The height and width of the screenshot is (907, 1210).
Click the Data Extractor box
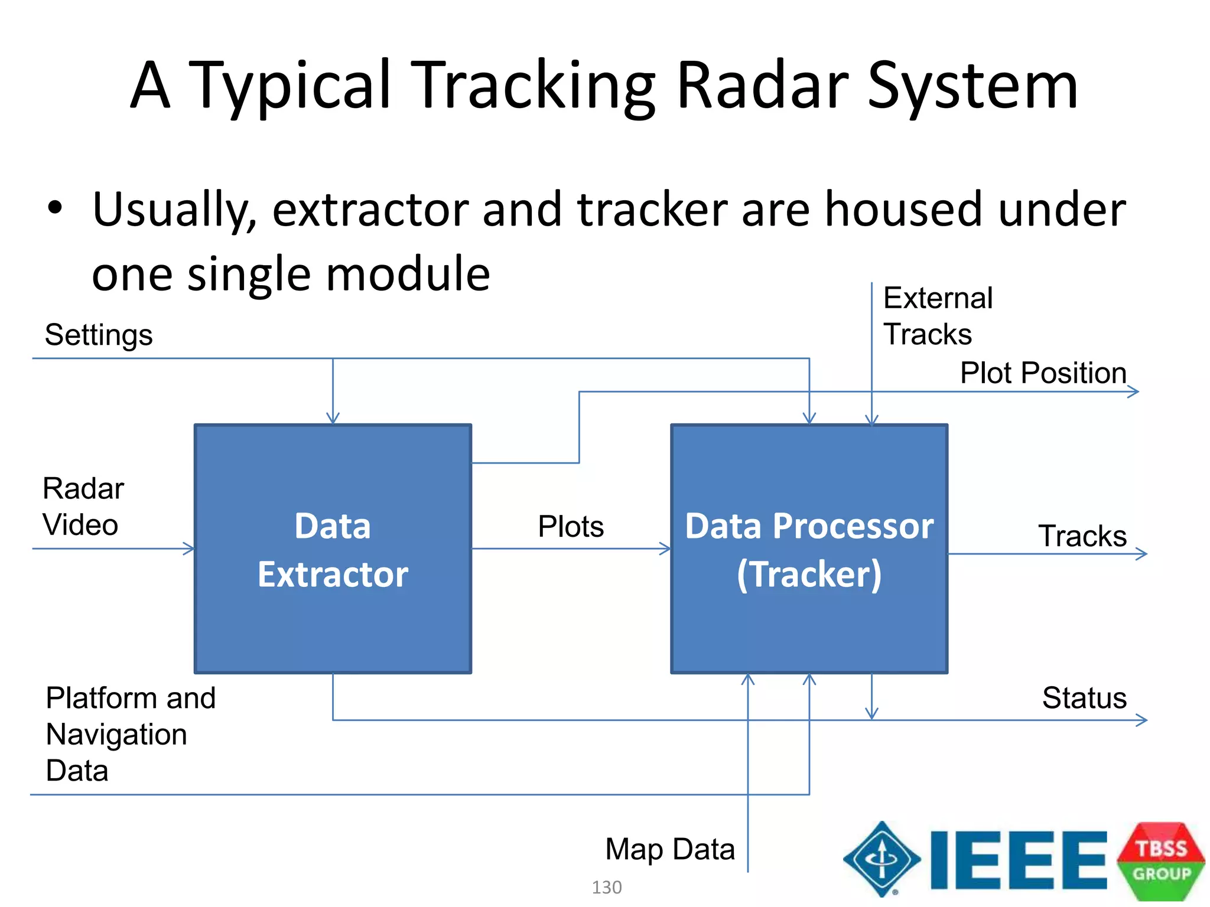tap(333, 549)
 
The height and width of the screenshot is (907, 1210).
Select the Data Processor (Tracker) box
tap(809, 549)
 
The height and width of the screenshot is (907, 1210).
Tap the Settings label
tap(99, 335)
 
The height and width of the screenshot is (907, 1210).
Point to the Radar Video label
tap(83, 507)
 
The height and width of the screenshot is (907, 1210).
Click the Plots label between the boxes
tap(571, 526)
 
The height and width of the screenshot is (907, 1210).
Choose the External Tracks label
tap(937, 316)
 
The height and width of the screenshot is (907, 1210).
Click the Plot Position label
tap(1043, 373)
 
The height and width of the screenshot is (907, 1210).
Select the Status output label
tap(1084, 698)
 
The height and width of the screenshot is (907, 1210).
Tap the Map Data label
tap(670, 849)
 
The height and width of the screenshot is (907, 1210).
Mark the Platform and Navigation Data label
tap(130, 734)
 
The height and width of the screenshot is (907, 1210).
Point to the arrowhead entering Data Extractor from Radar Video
tap(189, 549)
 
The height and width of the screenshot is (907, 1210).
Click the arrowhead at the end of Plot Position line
tap(1134, 391)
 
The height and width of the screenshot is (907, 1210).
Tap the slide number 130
tap(607, 887)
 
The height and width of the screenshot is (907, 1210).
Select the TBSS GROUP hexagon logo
tap(1160, 860)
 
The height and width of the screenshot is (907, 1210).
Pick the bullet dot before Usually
tap(55, 208)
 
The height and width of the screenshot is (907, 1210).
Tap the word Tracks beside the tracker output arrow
tap(1082, 536)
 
